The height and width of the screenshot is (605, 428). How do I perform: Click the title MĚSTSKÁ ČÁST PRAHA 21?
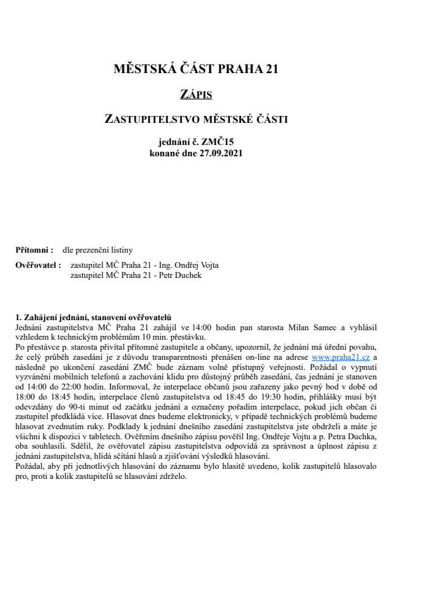pyautogui.click(x=195, y=69)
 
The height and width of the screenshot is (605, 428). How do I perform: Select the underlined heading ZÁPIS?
pyautogui.click(x=196, y=95)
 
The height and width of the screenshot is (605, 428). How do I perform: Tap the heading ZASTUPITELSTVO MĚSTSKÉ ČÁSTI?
pyautogui.click(x=196, y=118)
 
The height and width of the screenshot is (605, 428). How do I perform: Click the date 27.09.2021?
pyautogui.click(x=220, y=153)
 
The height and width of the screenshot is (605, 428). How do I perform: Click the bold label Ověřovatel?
pyautogui.click(x=37, y=265)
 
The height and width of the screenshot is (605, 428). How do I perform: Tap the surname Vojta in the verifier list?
pyautogui.click(x=208, y=265)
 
